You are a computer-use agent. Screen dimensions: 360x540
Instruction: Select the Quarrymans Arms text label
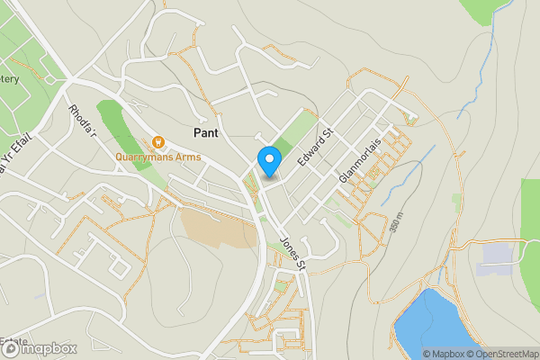[157, 155]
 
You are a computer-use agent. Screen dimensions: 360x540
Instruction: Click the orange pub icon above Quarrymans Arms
[158, 141]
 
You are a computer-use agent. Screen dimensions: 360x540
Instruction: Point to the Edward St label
[316, 147]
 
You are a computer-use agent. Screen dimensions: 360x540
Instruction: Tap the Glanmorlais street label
[363, 160]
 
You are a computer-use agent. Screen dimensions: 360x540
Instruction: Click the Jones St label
[293, 253]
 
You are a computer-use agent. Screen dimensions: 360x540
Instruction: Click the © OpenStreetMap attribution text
[502, 354]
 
